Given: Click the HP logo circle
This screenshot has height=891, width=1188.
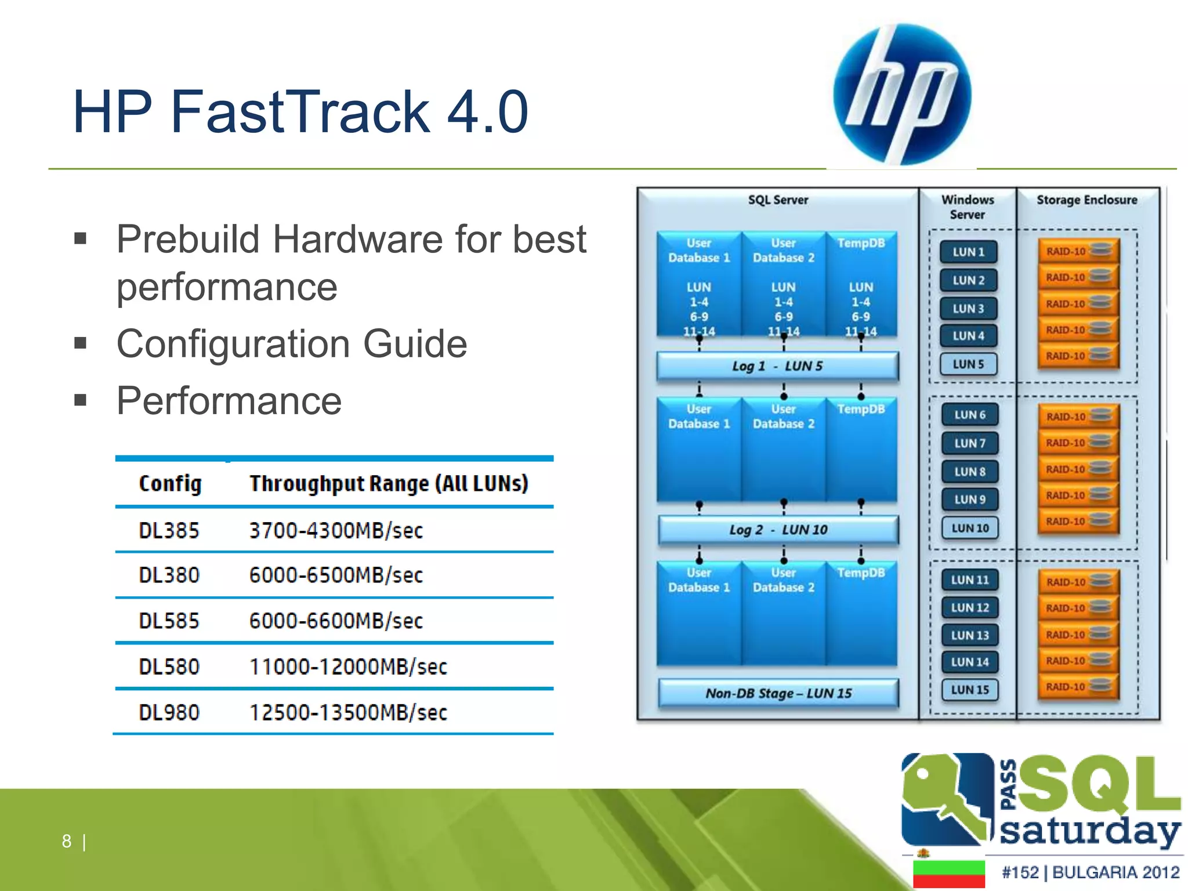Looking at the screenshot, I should pos(902,95).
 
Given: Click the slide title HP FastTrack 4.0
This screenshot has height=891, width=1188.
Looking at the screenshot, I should pos(300,111).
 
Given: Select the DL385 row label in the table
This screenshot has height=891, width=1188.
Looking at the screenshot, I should pos(169,530).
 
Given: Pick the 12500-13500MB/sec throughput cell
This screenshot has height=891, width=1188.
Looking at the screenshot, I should pos(348,712).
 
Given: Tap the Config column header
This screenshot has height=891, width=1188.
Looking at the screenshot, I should pos(170,483).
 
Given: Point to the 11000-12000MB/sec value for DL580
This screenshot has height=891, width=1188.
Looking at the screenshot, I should pos(348,667).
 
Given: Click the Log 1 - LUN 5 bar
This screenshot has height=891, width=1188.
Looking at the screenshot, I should pos(777,366).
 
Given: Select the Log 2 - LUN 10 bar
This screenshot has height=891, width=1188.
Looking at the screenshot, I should pos(778,530).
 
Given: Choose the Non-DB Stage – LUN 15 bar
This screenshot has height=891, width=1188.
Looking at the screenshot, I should pos(778,693).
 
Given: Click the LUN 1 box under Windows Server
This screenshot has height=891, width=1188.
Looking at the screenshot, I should pos(968,252).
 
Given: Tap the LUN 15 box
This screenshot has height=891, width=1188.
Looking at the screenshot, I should pos(969,690).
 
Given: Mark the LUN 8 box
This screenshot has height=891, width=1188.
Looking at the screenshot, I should pos(969,472).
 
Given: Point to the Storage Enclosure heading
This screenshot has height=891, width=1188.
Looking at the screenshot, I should pos(1086,200).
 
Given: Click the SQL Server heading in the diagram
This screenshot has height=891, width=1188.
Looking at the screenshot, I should pos(778,200).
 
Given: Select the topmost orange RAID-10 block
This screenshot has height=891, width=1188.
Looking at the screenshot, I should pos(1078,251).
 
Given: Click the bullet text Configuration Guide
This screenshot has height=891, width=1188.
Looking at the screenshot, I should pos(292,343).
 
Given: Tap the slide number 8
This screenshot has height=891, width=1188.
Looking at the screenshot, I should pos(67,841).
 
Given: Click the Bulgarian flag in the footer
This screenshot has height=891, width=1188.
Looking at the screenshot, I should pos(949,874).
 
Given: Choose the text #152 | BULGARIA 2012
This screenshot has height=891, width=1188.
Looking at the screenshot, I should pos(1091,872).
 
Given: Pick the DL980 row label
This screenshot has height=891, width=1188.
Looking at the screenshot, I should pos(169,712).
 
